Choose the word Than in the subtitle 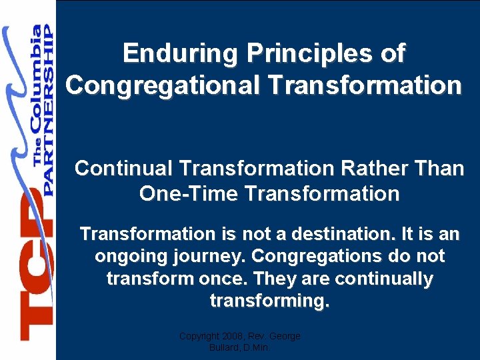437,169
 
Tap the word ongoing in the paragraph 131,257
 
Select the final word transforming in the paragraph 269,301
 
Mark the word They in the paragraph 267,279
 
